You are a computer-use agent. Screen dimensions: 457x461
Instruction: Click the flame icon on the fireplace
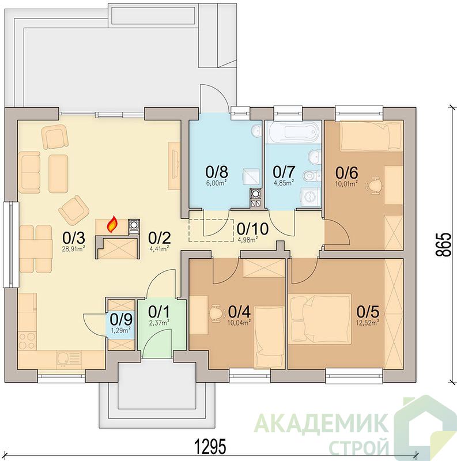(112, 224)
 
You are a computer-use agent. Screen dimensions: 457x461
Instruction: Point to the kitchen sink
(63, 359)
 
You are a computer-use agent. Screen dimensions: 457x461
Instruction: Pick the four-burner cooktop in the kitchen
(27, 341)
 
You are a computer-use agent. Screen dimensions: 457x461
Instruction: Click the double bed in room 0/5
(320, 319)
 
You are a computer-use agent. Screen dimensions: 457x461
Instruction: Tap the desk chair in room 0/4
(216, 313)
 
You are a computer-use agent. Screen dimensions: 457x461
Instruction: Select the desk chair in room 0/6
(375, 185)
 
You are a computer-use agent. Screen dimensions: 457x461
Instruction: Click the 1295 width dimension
(211, 447)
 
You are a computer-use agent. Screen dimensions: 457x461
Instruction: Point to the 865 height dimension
(443, 245)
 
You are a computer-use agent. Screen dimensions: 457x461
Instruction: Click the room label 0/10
(252, 228)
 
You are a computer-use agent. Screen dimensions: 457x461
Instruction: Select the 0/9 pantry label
(120, 320)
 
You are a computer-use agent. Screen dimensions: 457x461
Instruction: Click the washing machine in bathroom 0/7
(309, 196)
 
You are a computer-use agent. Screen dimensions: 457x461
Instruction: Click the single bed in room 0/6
(371, 136)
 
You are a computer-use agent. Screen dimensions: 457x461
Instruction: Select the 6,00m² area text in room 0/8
(216, 183)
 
